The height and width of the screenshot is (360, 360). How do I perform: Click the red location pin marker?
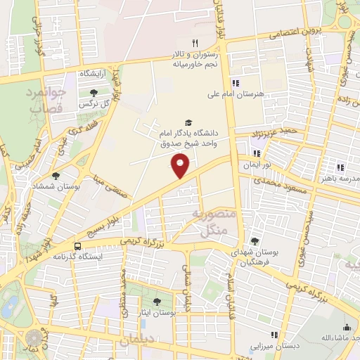[x=181, y=166]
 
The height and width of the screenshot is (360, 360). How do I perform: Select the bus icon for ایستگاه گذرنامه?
[x=77, y=247]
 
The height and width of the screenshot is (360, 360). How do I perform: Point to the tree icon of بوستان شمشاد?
[x=56, y=175]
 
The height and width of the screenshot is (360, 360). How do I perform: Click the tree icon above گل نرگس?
[x=94, y=93]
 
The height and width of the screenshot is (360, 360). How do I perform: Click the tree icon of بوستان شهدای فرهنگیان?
[x=255, y=242]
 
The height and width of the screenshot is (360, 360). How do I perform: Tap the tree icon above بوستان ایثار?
[x=156, y=301]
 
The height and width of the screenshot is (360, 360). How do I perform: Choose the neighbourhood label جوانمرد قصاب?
[x=47, y=99]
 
